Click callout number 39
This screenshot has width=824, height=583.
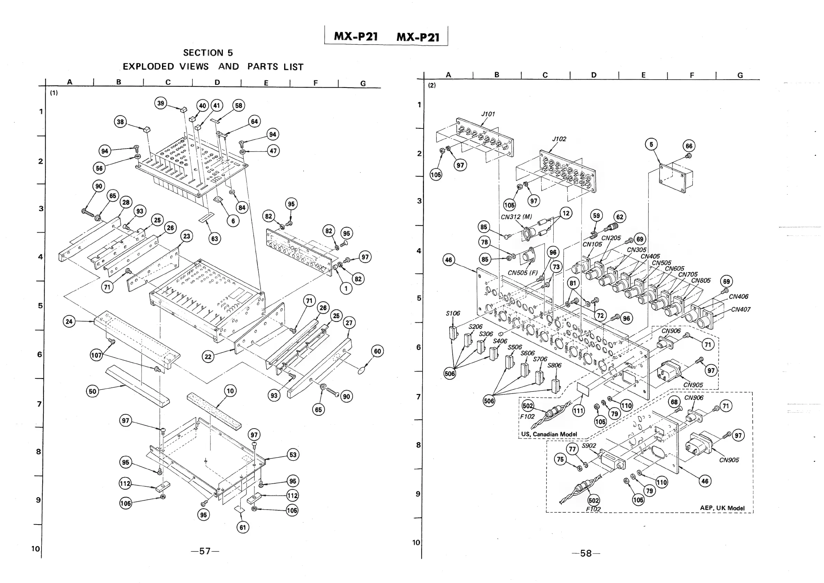click(x=161, y=104)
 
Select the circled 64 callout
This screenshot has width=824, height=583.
click(x=254, y=121)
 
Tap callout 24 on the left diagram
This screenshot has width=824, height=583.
click(x=69, y=321)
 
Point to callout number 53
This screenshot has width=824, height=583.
click(x=293, y=455)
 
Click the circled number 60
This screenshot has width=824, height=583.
click(x=378, y=351)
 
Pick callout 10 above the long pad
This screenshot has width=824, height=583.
click(x=230, y=391)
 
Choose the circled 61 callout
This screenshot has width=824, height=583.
click(x=243, y=527)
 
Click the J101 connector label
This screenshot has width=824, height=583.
click(x=488, y=114)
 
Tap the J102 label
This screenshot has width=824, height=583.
click(x=559, y=139)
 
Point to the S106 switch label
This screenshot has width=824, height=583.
click(x=453, y=313)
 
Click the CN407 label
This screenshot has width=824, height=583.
click(x=740, y=309)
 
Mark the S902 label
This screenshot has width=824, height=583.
click(x=589, y=446)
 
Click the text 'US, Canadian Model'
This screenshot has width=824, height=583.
click(x=549, y=434)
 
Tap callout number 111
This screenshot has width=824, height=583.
click(x=578, y=411)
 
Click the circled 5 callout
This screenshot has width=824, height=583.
click(x=651, y=144)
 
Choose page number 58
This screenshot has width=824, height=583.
click(x=586, y=553)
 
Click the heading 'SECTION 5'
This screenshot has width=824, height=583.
click(x=208, y=53)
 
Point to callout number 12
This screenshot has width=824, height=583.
click(x=566, y=213)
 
